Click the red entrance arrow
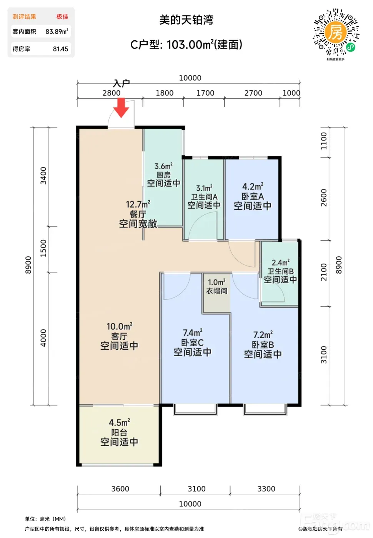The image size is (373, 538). [x=121, y=108]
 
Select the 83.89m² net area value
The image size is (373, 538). [x=57, y=32]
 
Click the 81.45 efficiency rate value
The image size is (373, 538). [x=61, y=49]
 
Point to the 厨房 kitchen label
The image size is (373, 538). [x=163, y=174]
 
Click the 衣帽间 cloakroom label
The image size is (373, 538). [x=216, y=291]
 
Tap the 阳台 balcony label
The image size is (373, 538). [x=119, y=432]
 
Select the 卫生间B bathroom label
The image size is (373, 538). [x=280, y=271]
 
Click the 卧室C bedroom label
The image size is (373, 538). [x=193, y=342]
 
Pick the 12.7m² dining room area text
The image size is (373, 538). [x=138, y=204]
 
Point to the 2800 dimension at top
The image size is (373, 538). [x=111, y=93]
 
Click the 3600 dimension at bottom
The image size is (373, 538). [x=120, y=489]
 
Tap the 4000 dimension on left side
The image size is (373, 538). [x=43, y=338]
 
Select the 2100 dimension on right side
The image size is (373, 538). [x=324, y=272]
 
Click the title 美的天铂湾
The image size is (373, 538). [x=186, y=20]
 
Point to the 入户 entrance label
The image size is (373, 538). [x=122, y=83]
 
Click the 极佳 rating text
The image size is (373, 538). [x=62, y=17]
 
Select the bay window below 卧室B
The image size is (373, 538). [x=265, y=410]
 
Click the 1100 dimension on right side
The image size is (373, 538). [x=324, y=141]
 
